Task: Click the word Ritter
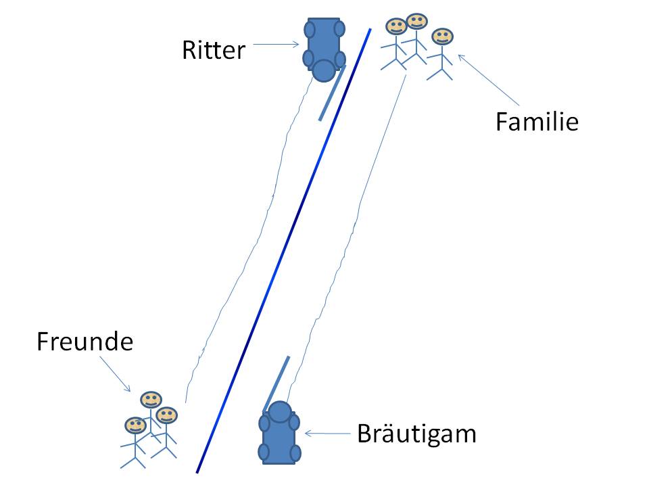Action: [213, 50]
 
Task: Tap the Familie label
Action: [537, 122]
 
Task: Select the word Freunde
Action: [85, 342]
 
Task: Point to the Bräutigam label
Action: [416, 433]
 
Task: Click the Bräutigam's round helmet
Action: [279, 411]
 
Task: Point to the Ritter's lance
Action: [332, 93]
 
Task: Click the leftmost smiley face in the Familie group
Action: [395, 27]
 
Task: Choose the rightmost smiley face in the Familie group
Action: [442, 36]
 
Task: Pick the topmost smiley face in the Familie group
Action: [417, 21]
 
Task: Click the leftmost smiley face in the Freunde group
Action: [135, 425]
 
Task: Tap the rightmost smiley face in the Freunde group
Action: [166, 415]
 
